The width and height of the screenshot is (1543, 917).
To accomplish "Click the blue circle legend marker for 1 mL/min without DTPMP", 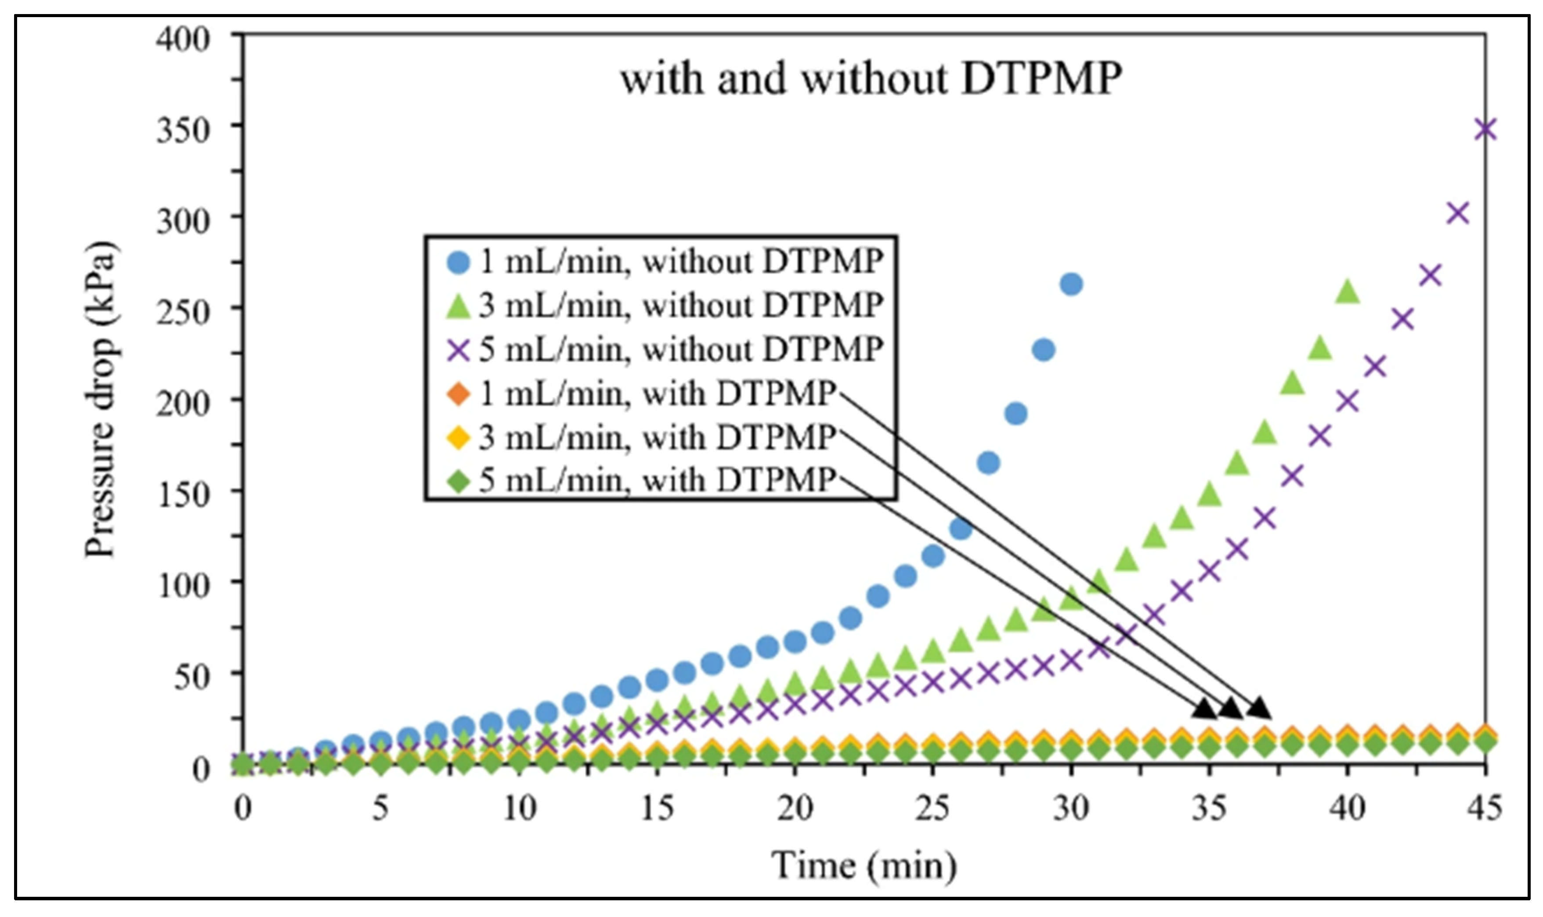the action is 459,263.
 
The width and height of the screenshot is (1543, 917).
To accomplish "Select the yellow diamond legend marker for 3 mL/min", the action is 459,438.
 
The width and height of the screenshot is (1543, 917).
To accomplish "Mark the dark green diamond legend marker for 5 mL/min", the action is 459,481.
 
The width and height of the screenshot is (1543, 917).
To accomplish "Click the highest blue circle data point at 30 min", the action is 1071,284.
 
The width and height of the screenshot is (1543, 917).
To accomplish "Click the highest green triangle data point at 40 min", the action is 1347,291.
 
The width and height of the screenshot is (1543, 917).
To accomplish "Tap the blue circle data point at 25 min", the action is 933,556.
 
